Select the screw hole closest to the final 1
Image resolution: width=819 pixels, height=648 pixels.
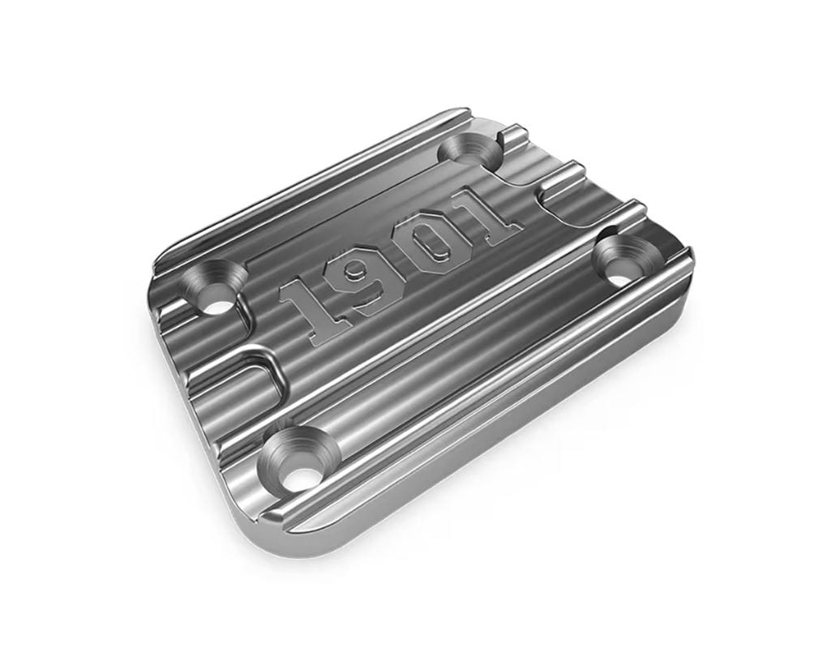tap(470, 151)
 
